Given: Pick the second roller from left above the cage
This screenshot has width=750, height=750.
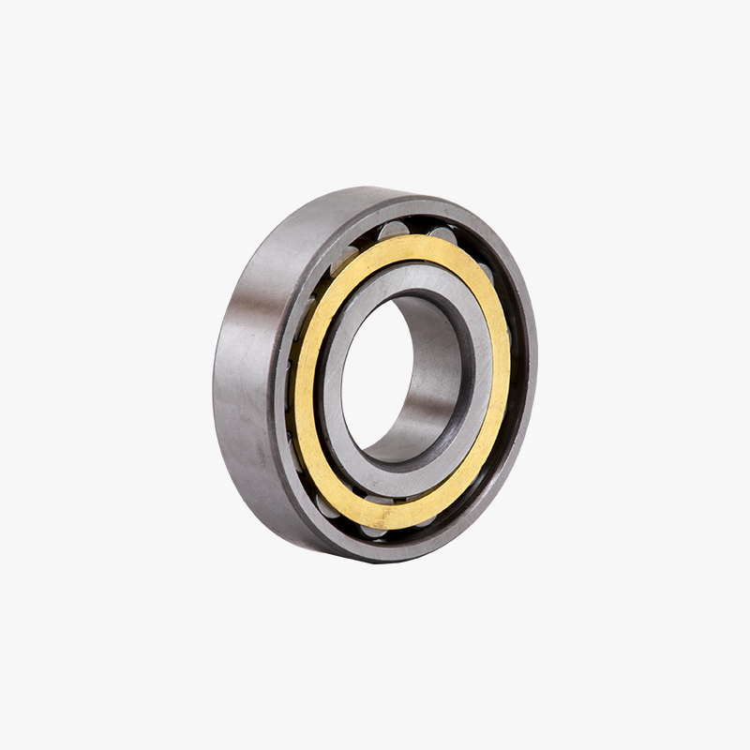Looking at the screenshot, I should coord(394,230).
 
